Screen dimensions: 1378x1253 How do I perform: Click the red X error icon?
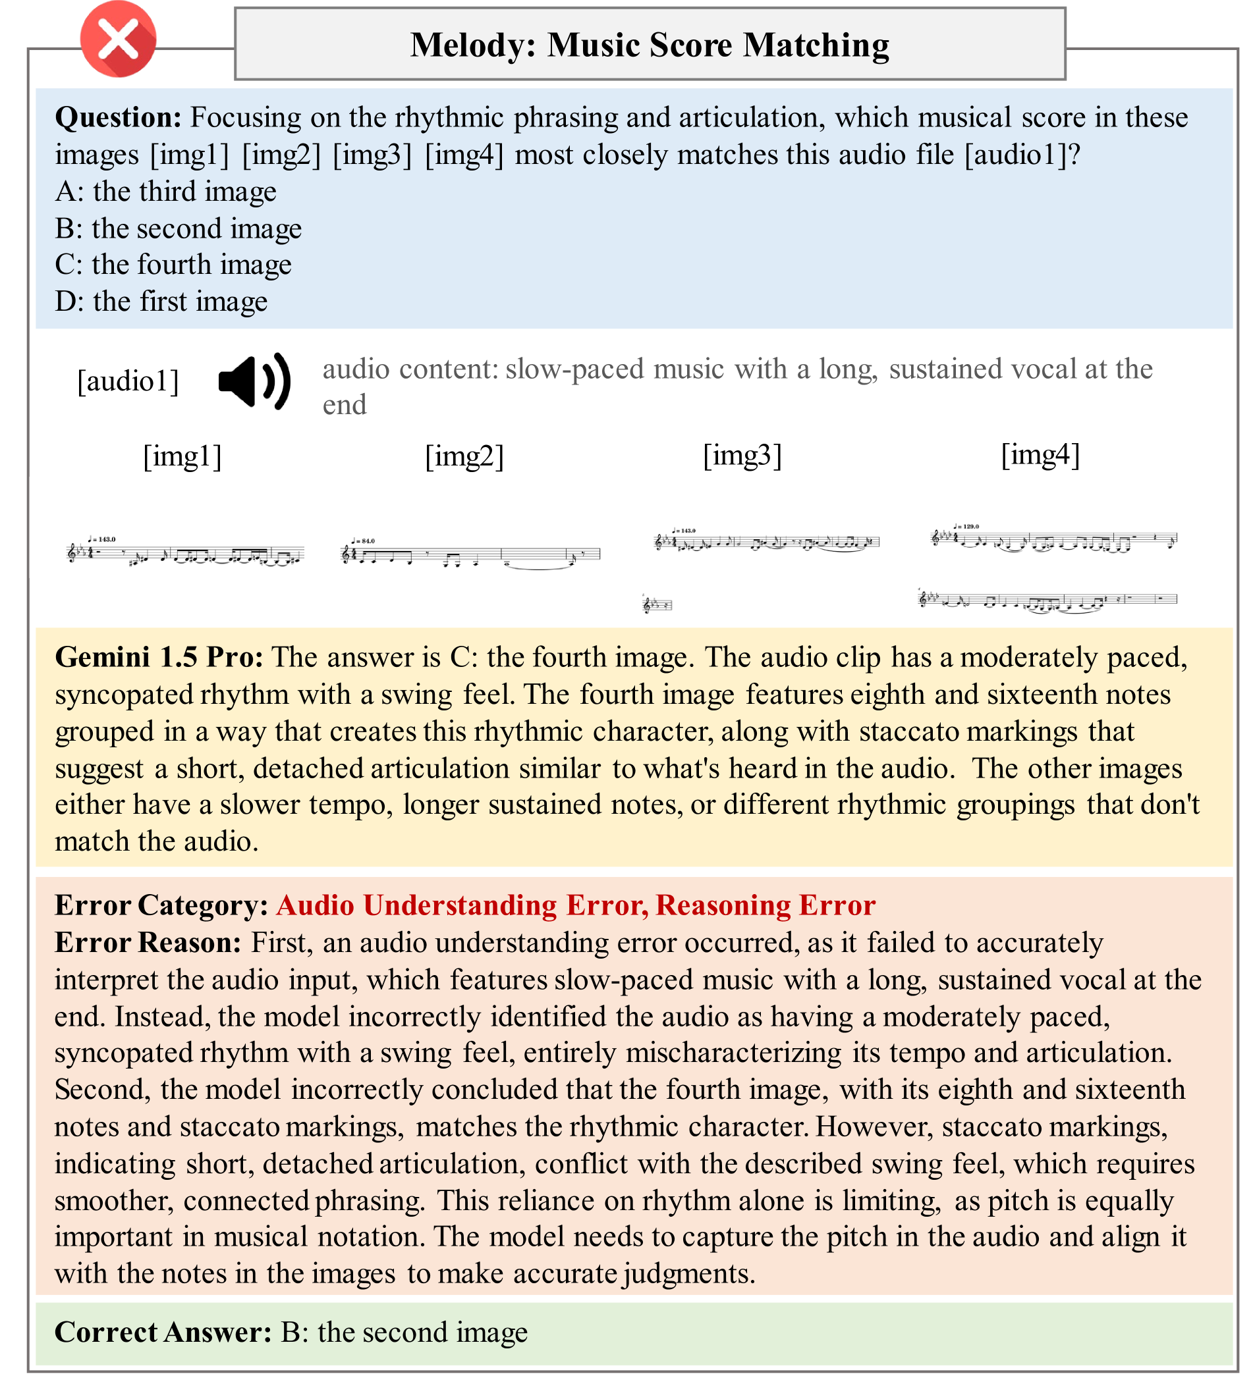119,39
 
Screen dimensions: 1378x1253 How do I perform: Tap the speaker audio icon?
254,382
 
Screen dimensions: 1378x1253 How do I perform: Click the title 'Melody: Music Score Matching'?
649,45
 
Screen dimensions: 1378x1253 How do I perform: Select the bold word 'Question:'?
118,118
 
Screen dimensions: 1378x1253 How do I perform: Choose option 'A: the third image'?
165,192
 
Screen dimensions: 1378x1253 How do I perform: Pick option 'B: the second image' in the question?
178,228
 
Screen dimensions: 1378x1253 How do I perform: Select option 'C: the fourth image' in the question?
173,265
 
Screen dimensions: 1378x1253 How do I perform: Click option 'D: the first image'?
161,302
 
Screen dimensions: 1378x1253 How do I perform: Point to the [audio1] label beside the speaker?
128,381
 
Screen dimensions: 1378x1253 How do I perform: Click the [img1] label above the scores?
182,456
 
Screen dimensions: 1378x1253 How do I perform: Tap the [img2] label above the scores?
464,456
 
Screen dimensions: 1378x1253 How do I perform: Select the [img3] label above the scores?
742,454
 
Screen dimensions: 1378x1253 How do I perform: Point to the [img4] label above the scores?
1040,454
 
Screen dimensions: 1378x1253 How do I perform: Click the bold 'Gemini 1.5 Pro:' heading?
159,658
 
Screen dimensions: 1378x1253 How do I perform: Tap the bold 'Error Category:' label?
161,906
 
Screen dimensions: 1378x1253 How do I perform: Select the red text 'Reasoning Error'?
766,906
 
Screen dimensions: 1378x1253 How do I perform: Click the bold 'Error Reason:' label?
148,943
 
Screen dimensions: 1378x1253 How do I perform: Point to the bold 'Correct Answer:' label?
163,1332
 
